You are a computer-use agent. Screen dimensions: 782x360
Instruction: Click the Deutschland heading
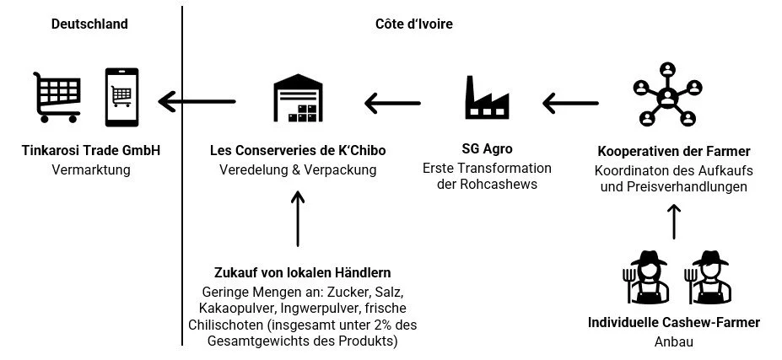pos(89,24)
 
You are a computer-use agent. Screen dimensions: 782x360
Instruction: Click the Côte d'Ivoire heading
pos(413,24)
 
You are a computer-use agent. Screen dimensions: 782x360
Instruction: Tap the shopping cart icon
pos(58,96)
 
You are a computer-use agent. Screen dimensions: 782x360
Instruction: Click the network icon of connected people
pos(667,92)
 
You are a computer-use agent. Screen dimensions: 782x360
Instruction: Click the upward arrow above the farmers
pos(673,222)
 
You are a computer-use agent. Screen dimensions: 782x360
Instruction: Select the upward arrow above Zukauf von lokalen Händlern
pos(297,218)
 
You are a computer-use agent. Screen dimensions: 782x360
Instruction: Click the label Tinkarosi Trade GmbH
pos(90,151)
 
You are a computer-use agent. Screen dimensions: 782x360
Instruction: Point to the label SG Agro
pos(487,150)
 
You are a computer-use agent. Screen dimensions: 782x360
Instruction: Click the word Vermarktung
pos(90,169)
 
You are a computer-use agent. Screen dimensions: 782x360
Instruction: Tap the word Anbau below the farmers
pos(673,342)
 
